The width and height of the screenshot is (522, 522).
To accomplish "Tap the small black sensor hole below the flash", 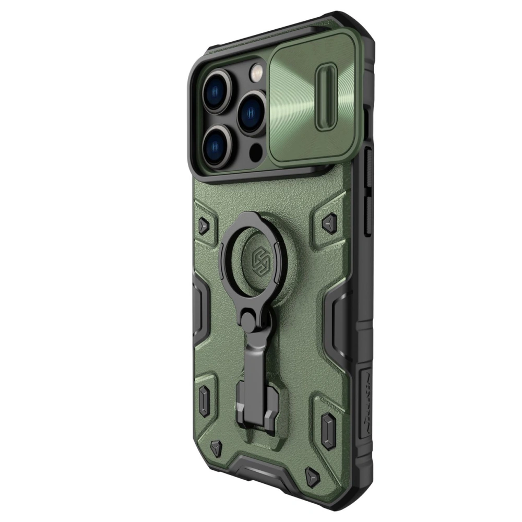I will (256, 152).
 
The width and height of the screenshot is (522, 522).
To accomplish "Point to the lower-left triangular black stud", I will (216, 446).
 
